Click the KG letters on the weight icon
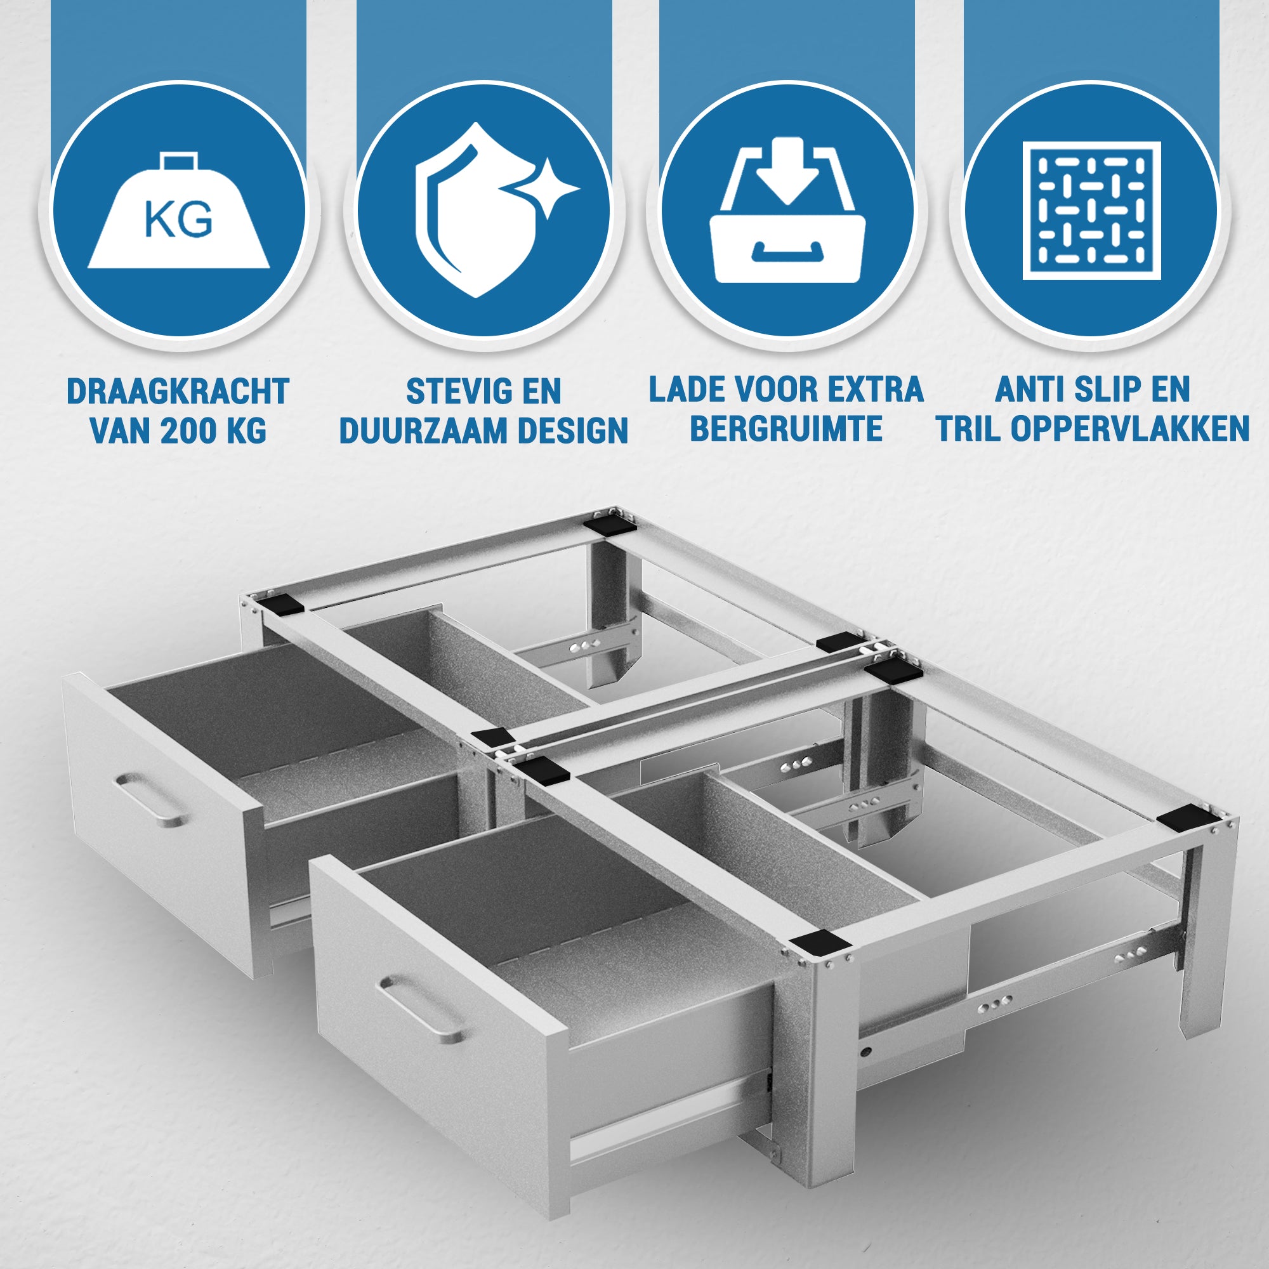click(178, 220)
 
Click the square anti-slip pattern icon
click(1091, 211)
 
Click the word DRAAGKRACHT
click(178, 391)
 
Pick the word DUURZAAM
click(424, 431)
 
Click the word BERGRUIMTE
click(786, 429)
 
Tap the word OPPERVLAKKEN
click(1130, 429)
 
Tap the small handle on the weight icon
click(180, 162)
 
